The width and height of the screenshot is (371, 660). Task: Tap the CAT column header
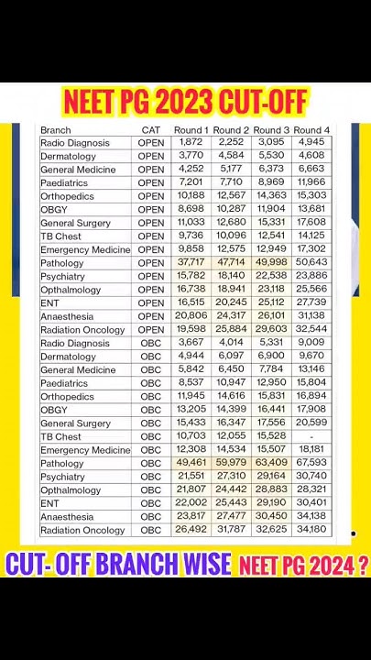pyautogui.click(x=151, y=130)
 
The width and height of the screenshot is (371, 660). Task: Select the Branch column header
pyautogui.click(x=56, y=130)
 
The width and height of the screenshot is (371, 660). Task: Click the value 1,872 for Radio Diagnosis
pyautogui.click(x=191, y=143)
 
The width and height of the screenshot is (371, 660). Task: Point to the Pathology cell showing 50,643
pyautogui.click(x=311, y=263)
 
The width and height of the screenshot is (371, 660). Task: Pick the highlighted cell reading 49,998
pyautogui.click(x=271, y=263)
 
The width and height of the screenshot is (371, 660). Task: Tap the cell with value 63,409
pyautogui.click(x=271, y=464)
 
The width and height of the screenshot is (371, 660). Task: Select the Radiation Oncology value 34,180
pyautogui.click(x=311, y=530)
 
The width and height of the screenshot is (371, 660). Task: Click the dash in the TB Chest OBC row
pyautogui.click(x=311, y=437)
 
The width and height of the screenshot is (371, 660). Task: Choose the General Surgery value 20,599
pyautogui.click(x=311, y=423)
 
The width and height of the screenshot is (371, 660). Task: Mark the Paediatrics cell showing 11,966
pyautogui.click(x=311, y=183)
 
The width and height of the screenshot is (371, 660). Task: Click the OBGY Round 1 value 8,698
pyautogui.click(x=191, y=210)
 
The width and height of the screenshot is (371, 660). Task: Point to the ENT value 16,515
pyautogui.click(x=191, y=303)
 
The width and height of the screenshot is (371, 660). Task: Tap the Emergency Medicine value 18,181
pyautogui.click(x=311, y=450)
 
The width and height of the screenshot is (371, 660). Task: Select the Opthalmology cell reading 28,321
pyautogui.click(x=311, y=490)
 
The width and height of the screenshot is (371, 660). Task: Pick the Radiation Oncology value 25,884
pyautogui.click(x=231, y=330)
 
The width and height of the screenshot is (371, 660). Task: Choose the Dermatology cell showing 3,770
pyautogui.click(x=191, y=157)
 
